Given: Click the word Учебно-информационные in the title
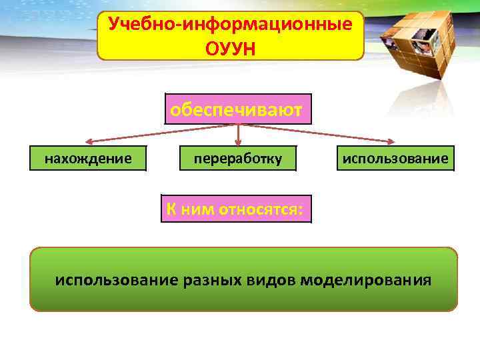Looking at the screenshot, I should (x=230, y=25).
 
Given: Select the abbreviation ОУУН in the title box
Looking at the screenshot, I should (x=231, y=48).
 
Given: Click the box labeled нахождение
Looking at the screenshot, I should (x=87, y=159).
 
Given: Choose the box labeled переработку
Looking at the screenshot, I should (x=237, y=159).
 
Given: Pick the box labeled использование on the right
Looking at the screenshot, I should (x=395, y=159).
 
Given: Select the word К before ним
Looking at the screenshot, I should (x=171, y=209).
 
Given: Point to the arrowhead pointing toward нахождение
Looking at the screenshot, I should (x=87, y=141).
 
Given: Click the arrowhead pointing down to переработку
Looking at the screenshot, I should (x=238, y=143).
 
